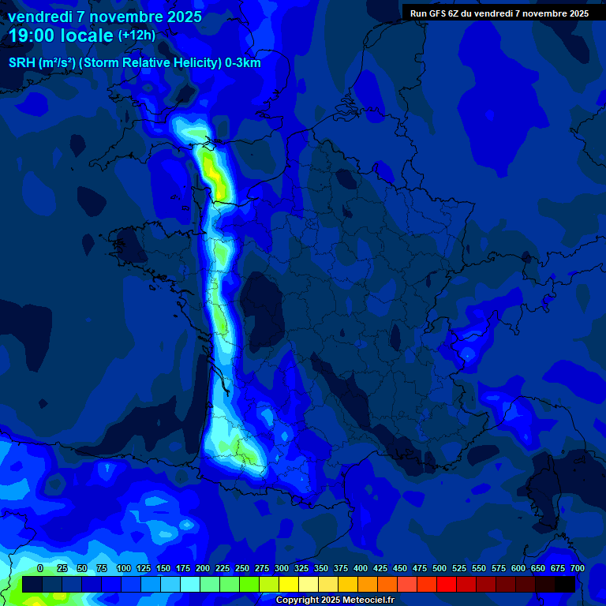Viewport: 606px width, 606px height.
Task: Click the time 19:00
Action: [32, 36]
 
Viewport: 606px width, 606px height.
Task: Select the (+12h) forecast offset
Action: [137, 36]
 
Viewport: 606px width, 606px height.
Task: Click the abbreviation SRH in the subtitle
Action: [23, 62]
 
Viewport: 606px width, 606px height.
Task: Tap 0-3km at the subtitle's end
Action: [241, 62]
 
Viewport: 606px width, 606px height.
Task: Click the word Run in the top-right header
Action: [418, 13]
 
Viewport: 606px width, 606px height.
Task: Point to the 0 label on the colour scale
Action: [40, 568]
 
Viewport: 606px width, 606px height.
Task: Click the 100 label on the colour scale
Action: [123, 568]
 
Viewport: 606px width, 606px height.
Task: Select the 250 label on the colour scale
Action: [241, 568]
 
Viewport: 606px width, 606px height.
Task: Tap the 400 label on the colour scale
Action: [361, 568]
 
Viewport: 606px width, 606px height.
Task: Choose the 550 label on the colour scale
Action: [479, 568]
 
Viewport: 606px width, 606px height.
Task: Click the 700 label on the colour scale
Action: [577, 568]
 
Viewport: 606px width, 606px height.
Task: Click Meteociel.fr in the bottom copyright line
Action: [368, 600]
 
